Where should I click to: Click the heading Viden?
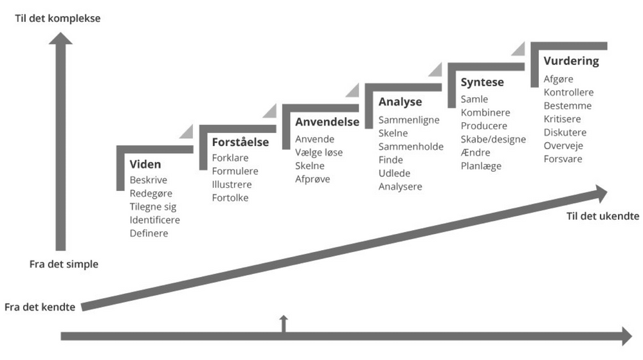145,165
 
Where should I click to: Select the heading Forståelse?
240,142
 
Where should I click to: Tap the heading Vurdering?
571,62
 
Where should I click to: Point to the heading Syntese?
482,82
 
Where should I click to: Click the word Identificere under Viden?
154,220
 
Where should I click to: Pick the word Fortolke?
230,198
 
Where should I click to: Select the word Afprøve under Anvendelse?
312,179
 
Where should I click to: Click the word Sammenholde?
411,147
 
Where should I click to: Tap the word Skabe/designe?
493,139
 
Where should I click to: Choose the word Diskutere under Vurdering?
565,132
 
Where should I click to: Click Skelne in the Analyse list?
394,133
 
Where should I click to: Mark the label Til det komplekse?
58,19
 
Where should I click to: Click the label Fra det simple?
64,264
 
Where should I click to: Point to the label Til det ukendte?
602,216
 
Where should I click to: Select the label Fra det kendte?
40,307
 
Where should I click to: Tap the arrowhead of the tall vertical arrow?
61,40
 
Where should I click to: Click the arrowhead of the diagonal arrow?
601,192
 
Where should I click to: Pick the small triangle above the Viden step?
186,132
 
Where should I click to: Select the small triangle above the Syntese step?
519,50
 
